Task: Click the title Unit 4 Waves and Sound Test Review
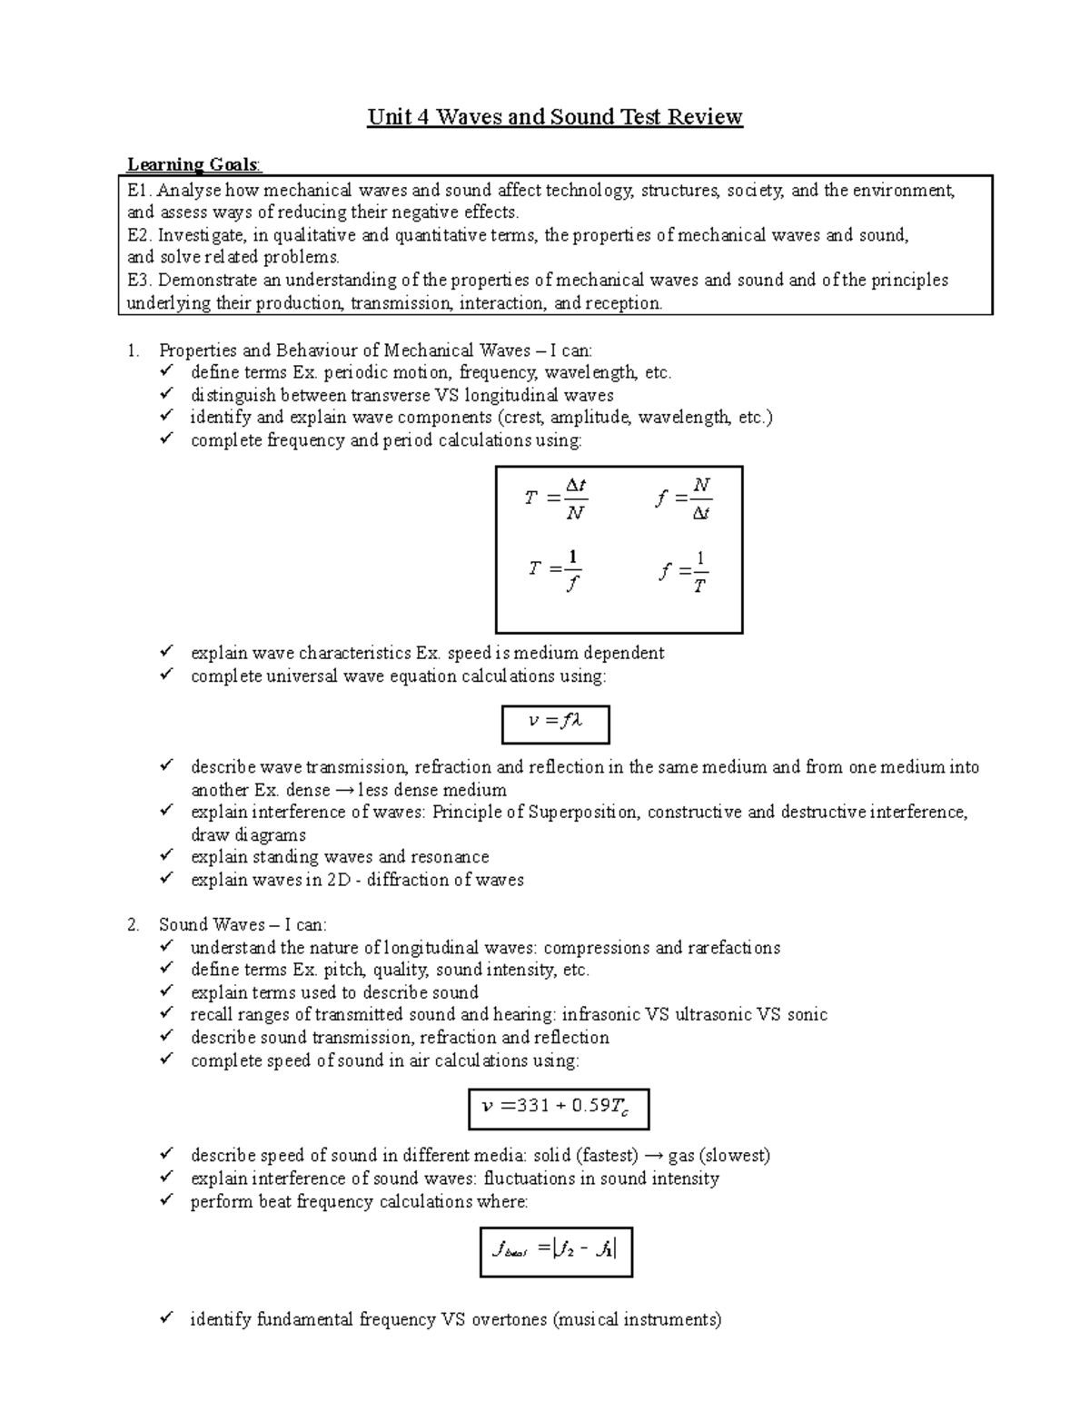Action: [x=555, y=117]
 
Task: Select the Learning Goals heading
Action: [x=193, y=164]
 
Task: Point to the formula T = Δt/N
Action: [x=556, y=498]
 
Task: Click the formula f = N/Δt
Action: [x=683, y=498]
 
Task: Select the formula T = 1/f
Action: [x=556, y=570]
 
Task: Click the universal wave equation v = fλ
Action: [x=555, y=722]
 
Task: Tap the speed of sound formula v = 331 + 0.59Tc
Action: [x=559, y=1107]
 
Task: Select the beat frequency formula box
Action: [x=555, y=1251]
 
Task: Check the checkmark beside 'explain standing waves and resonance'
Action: [x=165, y=856]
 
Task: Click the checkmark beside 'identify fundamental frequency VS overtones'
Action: [x=165, y=1318]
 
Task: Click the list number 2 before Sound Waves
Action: [x=134, y=925]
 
